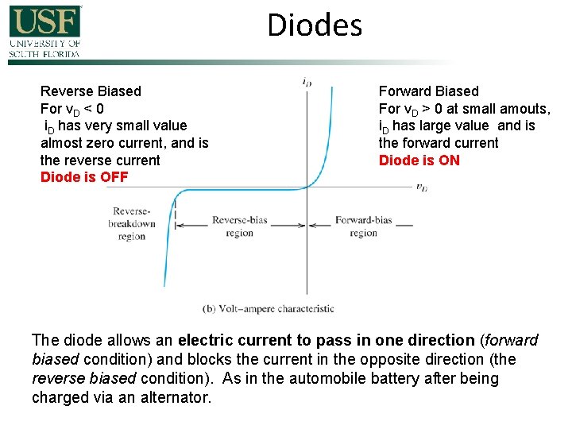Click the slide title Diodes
click(315, 25)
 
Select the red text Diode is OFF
click(84, 177)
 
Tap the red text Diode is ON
click(419, 160)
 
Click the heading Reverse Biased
click(91, 91)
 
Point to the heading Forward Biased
click(429, 91)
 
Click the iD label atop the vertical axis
click(307, 81)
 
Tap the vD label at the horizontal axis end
click(422, 188)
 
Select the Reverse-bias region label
click(240, 226)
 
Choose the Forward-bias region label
click(363, 226)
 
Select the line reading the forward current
click(439, 143)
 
